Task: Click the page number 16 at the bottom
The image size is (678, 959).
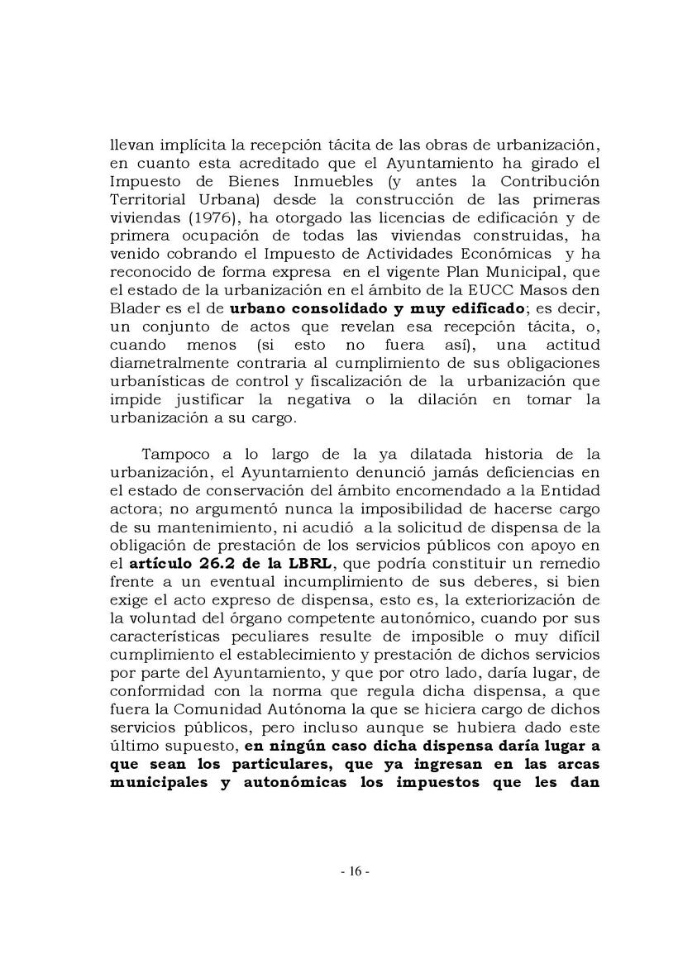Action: coord(339,871)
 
